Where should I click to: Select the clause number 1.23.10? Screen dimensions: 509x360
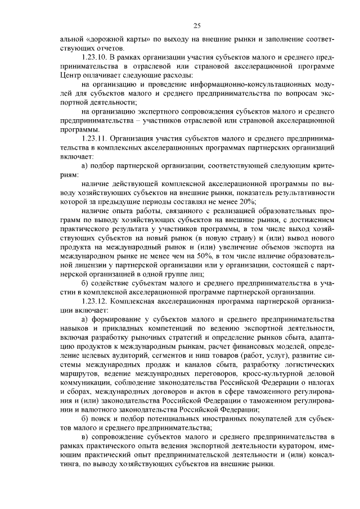point(96,58)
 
